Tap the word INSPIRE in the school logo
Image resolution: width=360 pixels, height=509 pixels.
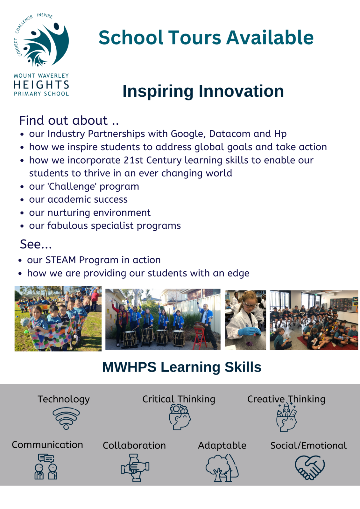[45, 16]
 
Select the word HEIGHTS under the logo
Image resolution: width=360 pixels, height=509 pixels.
[41, 85]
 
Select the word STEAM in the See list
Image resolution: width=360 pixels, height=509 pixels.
[61, 260]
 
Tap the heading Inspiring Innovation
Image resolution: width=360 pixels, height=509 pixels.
[203, 91]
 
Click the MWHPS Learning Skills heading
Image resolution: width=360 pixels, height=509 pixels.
[182, 367]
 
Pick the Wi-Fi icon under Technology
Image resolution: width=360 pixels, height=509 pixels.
[66, 418]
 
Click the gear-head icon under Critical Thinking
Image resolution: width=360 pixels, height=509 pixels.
[180, 417]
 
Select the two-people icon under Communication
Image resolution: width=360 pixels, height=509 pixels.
[46, 466]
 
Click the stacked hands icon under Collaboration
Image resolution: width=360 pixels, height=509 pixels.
[135, 468]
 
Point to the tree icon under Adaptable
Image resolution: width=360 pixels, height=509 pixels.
[222, 468]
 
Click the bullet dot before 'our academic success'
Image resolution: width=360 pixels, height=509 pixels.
[22, 200]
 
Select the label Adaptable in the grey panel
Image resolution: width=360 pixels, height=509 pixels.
[222, 446]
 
